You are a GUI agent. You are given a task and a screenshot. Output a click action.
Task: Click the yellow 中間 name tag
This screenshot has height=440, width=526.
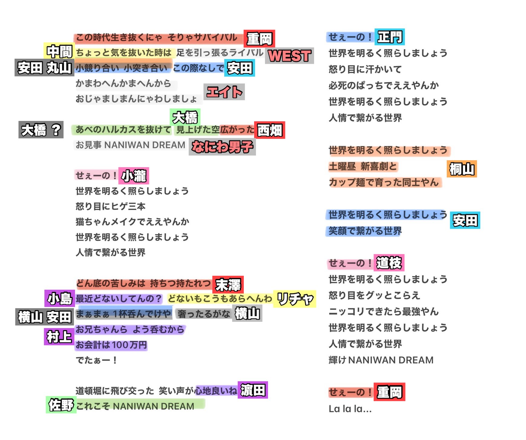pyautogui.click(x=59, y=51)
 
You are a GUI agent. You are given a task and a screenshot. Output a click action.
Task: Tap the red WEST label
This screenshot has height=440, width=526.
pyautogui.click(x=289, y=56)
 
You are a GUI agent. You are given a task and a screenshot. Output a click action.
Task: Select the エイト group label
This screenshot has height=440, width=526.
pyautogui.click(x=224, y=92)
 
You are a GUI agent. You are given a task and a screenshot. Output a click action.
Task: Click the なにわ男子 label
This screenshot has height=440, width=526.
pyautogui.click(x=222, y=147)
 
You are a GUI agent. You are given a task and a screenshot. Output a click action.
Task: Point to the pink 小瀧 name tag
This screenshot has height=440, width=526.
pyautogui.click(x=134, y=176)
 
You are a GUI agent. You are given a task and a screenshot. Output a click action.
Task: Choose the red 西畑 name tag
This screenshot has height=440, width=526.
pyautogui.click(x=270, y=130)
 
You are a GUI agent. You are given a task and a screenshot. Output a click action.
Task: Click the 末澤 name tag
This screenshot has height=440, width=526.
pyautogui.click(x=228, y=285)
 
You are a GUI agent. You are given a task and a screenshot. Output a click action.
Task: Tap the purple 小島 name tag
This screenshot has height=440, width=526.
pyautogui.click(x=60, y=299)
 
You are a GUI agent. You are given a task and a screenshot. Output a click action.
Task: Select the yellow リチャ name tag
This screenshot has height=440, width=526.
pyautogui.click(x=295, y=299)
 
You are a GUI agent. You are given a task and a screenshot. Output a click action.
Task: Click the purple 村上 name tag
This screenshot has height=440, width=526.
pyautogui.click(x=59, y=337)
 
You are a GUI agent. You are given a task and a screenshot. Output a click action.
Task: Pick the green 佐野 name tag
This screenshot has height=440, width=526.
pyautogui.click(x=61, y=405)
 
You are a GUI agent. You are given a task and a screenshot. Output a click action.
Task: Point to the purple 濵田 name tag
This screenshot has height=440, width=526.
pyautogui.click(x=253, y=390)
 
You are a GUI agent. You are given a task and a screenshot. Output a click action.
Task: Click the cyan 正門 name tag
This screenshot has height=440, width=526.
pyautogui.click(x=390, y=37)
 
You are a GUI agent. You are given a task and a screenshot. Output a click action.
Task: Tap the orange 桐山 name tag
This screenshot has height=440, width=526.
pyautogui.click(x=462, y=169)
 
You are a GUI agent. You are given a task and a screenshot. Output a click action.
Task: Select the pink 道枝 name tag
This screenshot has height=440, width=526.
pyautogui.click(x=389, y=263)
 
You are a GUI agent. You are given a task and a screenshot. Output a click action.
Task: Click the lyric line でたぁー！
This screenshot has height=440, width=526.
pyautogui.click(x=96, y=360)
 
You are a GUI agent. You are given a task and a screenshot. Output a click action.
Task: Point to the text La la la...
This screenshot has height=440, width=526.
pyautogui.click(x=350, y=409)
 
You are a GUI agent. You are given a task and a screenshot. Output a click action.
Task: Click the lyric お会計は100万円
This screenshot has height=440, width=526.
pyautogui.click(x=111, y=345)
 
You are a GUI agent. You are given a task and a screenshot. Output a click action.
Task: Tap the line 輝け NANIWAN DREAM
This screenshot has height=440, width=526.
pyautogui.click(x=381, y=360)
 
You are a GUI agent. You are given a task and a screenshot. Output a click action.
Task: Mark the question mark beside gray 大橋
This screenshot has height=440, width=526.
pyautogui.click(x=56, y=130)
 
